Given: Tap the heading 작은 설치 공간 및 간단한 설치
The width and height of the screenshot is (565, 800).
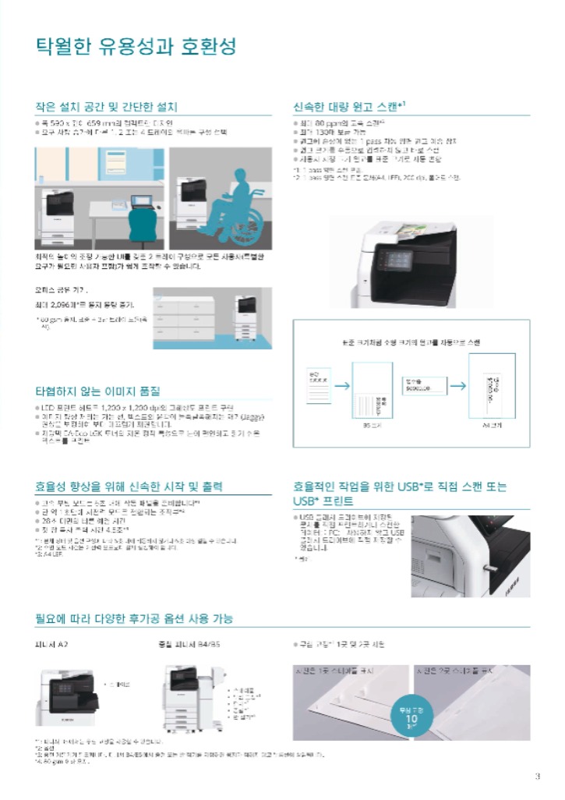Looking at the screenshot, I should point(106,107).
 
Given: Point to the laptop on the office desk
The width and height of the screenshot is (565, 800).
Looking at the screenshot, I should point(144,200).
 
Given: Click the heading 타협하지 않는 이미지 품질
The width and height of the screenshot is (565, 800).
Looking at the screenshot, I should point(97,391).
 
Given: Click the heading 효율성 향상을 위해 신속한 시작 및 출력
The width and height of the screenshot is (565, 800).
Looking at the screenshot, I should point(129,487).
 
